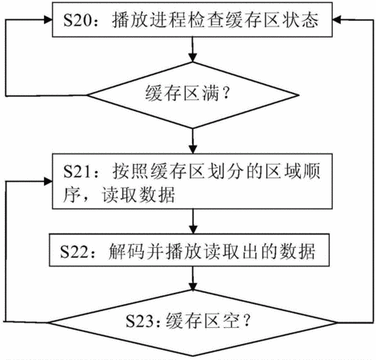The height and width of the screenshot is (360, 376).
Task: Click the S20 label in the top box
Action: tap(77, 20)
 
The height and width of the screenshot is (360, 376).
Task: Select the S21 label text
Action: tap(77, 171)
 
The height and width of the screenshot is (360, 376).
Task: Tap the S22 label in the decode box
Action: tap(74, 251)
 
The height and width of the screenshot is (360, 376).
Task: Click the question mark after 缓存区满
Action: tap(226, 94)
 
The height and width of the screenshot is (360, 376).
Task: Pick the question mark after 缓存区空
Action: tap(246, 321)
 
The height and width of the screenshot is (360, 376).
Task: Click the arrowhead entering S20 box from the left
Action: tap(48, 20)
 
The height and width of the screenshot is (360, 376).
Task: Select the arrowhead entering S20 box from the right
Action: tap(337, 20)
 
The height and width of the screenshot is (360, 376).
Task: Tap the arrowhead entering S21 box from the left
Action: tap(48, 182)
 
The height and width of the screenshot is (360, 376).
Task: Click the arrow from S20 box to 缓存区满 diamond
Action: tap(193, 50)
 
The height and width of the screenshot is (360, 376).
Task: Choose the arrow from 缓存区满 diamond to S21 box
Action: tap(193, 141)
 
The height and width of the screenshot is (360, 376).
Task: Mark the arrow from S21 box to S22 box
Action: tap(193, 222)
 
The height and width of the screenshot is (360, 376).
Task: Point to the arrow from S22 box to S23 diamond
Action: tap(193, 278)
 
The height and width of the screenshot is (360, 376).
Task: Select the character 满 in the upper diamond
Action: tap(210, 94)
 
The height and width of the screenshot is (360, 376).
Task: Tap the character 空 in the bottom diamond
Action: tap(231, 321)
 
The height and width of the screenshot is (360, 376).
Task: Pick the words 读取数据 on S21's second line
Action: tap(138, 195)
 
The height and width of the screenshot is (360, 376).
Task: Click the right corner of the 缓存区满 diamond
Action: tap(298, 95)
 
